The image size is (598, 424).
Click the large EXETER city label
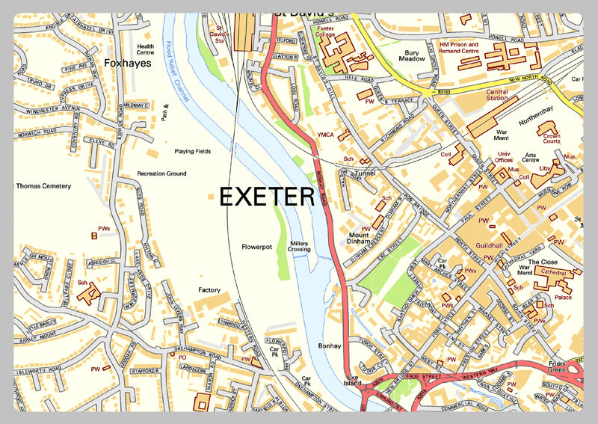click(266, 197)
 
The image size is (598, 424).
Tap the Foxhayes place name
click(128, 64)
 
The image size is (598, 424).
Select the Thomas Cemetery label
click(44, 185)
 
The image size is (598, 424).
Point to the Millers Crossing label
click(299, 246)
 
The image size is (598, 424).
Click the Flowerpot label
click(256, 246)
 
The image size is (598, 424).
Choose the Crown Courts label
click(552, 138)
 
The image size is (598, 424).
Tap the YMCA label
click(326, 135)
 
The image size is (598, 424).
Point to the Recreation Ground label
click(161, 173)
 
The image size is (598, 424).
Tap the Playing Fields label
click(193, 151)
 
